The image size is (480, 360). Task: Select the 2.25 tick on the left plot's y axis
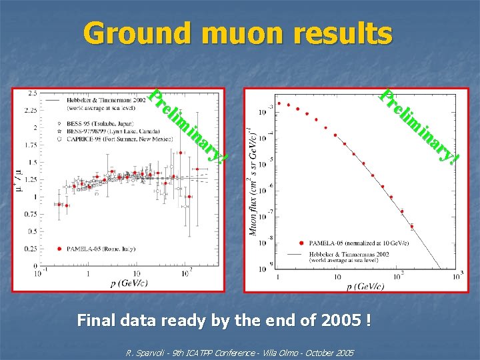[29, 111]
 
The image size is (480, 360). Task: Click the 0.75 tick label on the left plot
[29, 214]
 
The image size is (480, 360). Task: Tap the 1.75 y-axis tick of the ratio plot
[29, 145]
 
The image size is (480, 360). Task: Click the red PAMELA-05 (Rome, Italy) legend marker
[61, 249]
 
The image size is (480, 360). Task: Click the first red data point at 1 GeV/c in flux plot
[279, 103]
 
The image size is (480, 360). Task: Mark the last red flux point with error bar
[411, 226]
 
